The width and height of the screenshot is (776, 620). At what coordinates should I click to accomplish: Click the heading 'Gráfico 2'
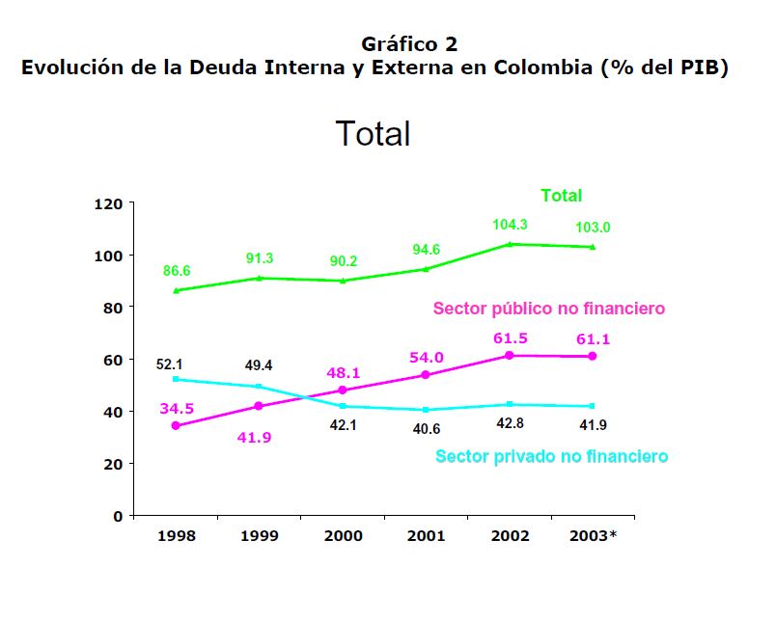coord(410,44)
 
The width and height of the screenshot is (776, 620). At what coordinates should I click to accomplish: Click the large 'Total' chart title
coord(373,134)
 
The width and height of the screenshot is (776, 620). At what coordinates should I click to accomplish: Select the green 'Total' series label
coord(561,196)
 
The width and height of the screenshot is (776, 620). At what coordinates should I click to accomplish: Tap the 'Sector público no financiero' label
coord(549,310)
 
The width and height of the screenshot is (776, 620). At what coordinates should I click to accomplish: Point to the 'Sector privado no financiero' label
coord(551,456)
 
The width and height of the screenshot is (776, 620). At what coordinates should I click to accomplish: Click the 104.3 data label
coord(511,224)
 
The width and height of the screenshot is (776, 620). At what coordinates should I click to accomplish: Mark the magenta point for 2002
coord(510,356)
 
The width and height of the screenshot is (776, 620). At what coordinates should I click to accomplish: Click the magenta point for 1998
coord(176,425)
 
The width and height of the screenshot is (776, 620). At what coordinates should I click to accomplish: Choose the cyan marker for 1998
coord(176,379)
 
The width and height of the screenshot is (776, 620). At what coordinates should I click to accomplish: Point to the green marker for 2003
coord(592,247)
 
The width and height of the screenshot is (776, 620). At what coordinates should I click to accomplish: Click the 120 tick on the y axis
coord(108,204)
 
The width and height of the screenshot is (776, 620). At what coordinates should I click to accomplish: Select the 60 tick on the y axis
coord(112,360)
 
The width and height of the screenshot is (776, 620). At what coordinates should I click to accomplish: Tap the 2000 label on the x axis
coord(343,534)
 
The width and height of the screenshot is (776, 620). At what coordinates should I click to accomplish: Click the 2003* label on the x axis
coord(593,534)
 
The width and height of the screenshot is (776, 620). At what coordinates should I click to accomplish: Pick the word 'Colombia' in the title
coord(544,69)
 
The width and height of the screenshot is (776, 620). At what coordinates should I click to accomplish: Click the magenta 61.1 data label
coord(592,339)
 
